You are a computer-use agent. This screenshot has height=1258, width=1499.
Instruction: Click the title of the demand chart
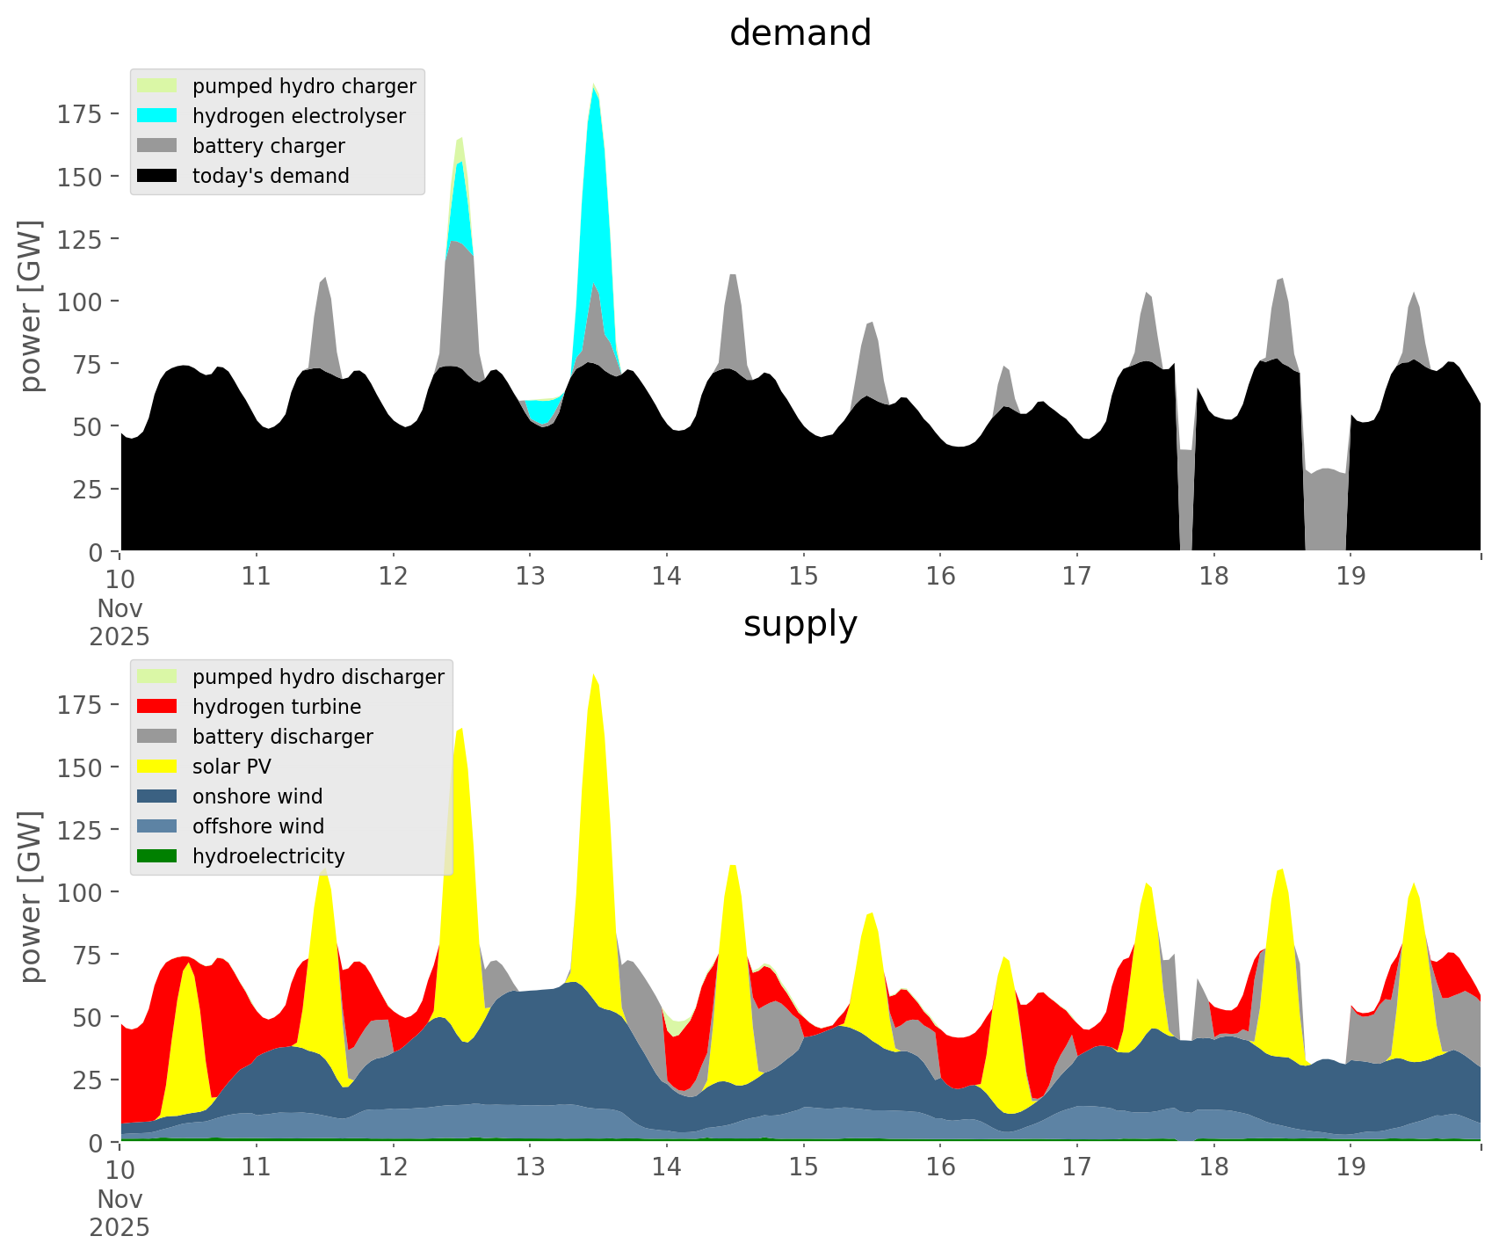click(800, 33)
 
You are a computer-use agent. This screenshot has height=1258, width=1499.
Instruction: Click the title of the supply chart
click(800, 624)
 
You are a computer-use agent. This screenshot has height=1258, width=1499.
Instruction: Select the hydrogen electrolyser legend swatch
click(157, 116)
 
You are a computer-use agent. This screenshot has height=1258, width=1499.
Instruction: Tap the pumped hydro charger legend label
click(304, 86)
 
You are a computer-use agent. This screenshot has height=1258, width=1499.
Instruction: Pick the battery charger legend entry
click(268, 146)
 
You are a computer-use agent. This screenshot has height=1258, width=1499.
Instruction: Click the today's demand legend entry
click(271, 176)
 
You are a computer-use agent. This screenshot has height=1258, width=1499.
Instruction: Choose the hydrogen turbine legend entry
click(276, 707)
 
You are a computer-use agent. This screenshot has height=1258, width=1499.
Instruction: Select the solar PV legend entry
click(232, 767)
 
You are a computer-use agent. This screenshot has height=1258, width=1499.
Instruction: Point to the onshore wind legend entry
click(257, 796)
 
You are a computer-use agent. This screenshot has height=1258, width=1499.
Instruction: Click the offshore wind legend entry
click(258, 826)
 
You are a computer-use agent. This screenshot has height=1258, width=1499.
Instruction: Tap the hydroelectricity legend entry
click(268, 856)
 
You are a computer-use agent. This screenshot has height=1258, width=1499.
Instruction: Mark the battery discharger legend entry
click(282, 737)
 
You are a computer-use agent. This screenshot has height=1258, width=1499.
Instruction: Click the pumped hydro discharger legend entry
click(318, 677)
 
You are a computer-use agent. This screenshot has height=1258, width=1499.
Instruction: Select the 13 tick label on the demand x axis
click(530, 577)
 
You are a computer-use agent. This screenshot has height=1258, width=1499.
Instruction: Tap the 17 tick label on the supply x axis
click(1076, 1167)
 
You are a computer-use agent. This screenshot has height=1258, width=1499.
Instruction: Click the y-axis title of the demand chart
click(30, 306)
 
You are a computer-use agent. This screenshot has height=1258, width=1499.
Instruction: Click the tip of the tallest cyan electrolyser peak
click(595, 89)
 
